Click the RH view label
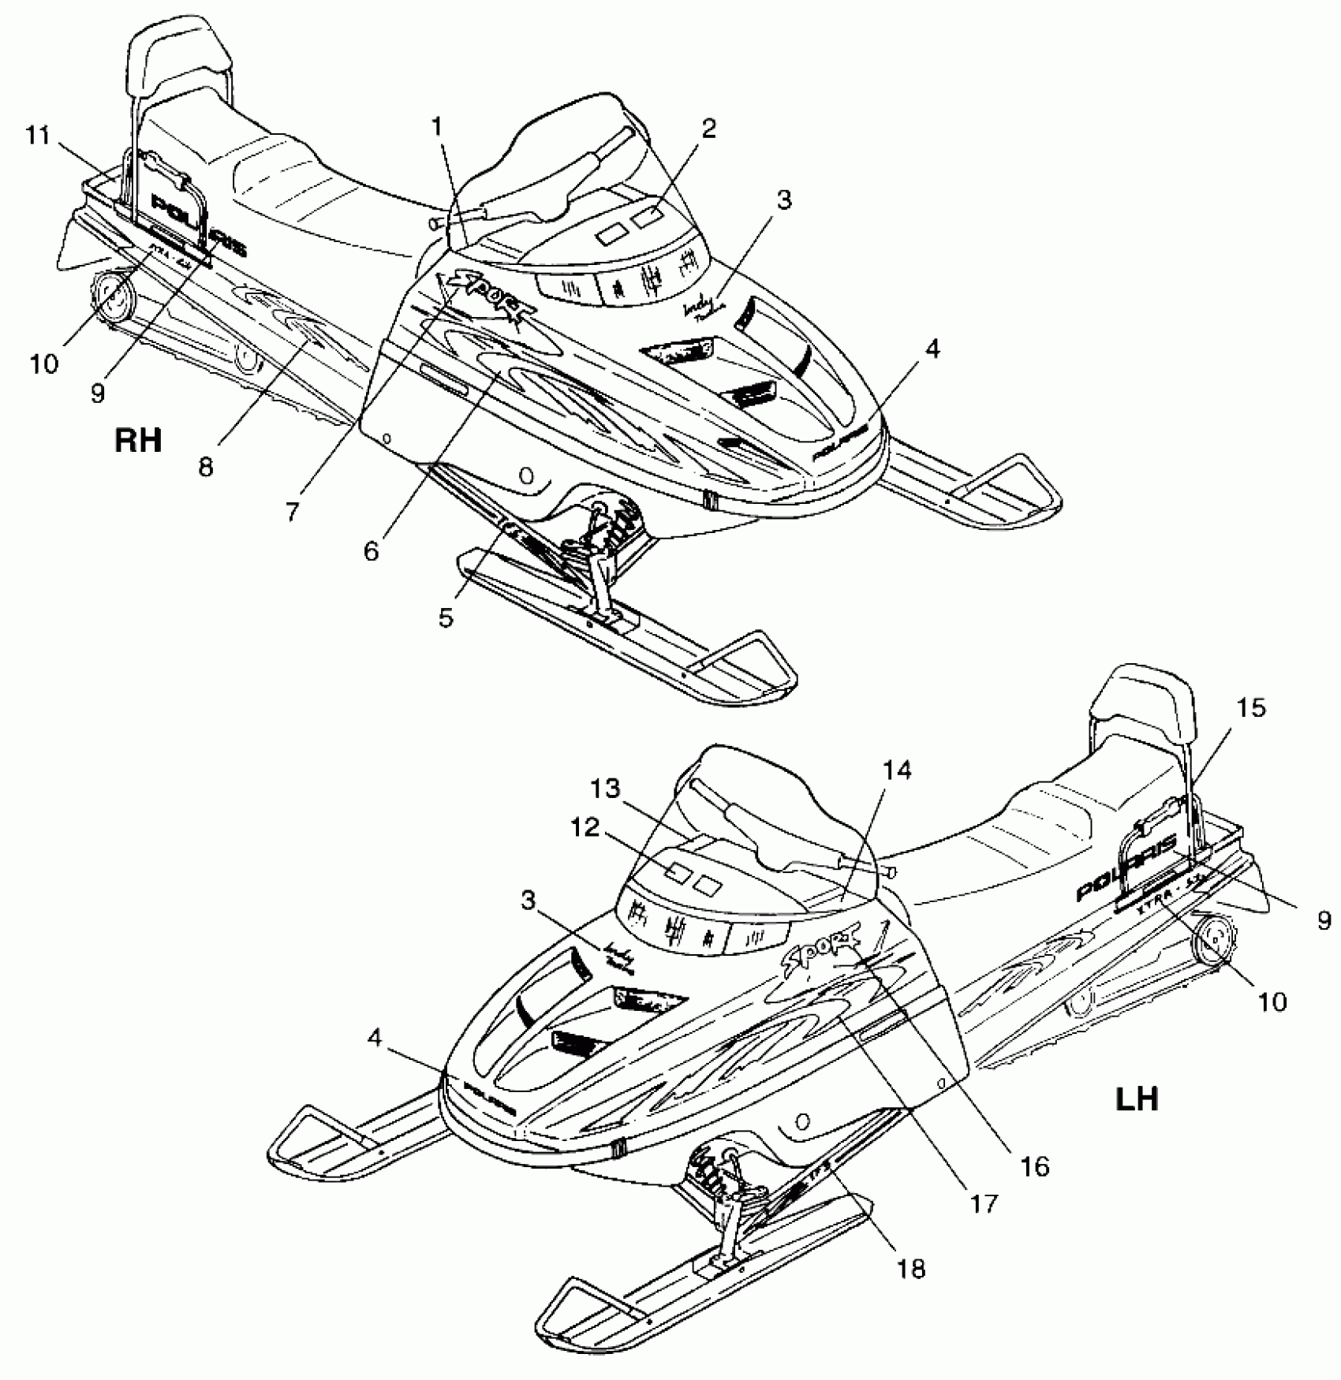point(138,439)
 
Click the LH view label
point(1137,1098)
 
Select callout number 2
point(709,129)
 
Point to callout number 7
point(293,512)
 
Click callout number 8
point(205,467)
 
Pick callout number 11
point(37,136)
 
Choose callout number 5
point(446,617)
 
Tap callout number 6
point(371,551)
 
